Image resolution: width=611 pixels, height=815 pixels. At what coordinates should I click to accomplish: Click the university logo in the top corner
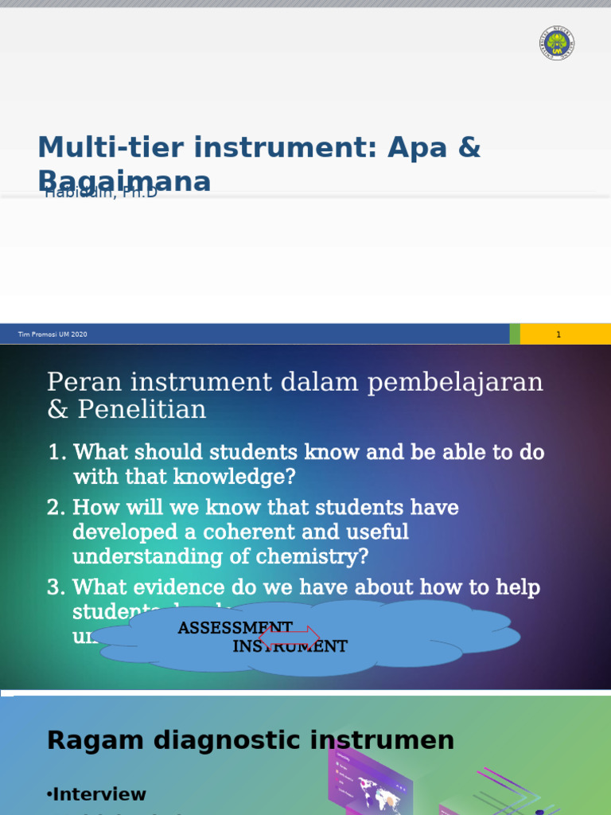point(556,43)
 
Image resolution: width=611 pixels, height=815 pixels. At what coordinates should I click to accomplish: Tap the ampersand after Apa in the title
point(470,147)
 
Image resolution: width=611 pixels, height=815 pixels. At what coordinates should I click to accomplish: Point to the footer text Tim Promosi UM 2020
point(53,334)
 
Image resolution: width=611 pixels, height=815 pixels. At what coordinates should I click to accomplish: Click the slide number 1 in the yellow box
point(558,334)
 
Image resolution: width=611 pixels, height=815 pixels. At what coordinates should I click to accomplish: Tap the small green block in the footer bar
point(515,334)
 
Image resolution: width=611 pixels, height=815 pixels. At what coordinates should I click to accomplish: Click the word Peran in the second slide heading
point(76,382)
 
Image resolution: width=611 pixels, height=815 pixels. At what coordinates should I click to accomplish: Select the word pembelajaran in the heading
point(454,382)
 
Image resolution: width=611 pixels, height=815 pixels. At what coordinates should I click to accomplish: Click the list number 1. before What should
point(56,452)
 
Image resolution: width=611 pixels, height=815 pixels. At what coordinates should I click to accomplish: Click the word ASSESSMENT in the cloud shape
point(235,628)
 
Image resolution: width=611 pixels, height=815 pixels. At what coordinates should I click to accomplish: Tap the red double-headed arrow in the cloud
point(290,636)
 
